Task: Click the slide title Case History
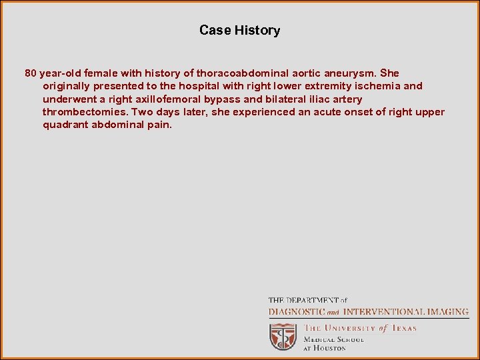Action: tap(239, 30)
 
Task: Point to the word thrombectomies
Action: tap(85, 112)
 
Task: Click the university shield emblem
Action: tap(283, 336)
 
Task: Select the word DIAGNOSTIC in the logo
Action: tap(296, 311)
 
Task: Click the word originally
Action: tap(69, 86)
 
